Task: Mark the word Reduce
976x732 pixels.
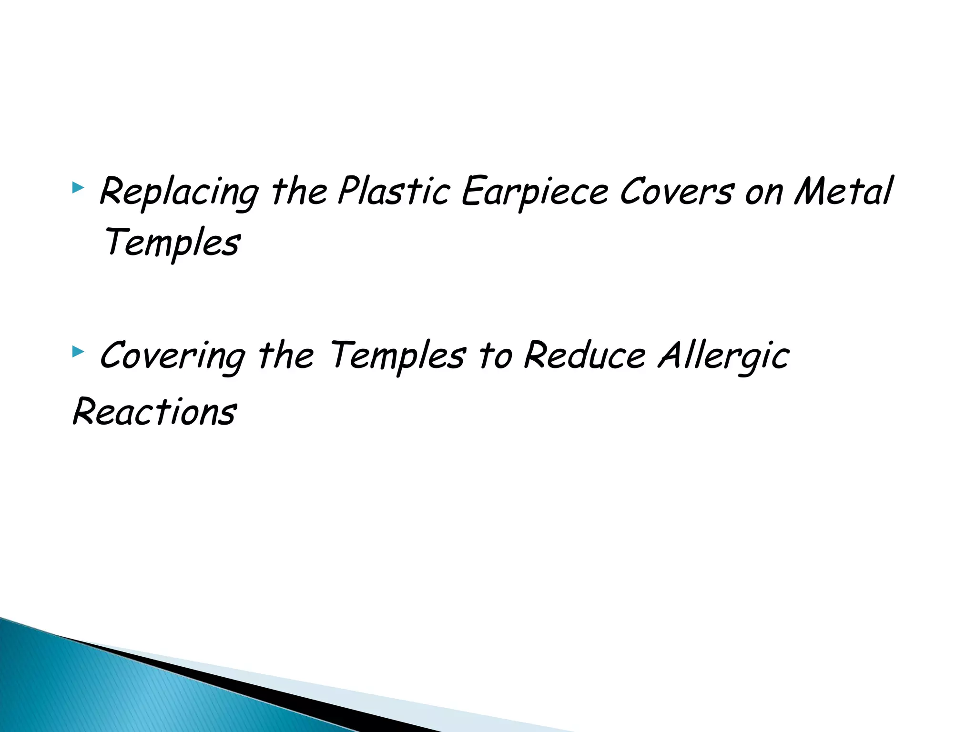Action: point(585,355)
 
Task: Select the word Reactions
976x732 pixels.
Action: point(154,411)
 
